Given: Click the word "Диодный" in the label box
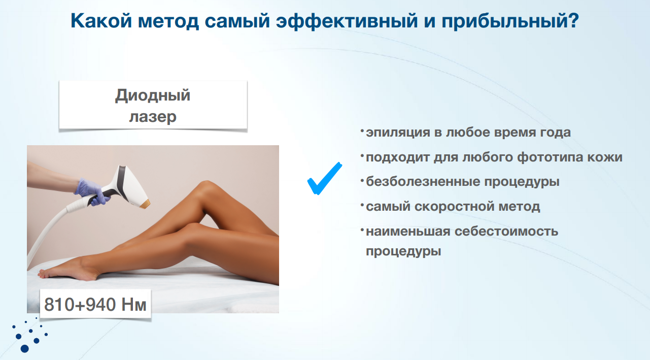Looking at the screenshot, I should [152, 95].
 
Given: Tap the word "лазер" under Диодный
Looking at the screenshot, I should [153, 117].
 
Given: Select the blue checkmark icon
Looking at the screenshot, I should [324, 178].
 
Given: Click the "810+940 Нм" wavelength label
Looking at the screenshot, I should [95, 305].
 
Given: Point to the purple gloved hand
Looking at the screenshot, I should [91, 190].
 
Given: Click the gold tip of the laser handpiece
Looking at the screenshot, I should [147, 204].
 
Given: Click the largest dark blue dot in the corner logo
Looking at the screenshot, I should [24, 348].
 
